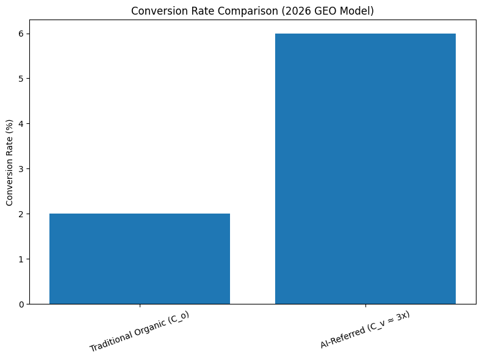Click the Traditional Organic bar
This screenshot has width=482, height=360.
(x=140, y=259)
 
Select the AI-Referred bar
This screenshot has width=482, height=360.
(x=365, y=168)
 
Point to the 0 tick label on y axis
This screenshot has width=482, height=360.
(x=21, y=304)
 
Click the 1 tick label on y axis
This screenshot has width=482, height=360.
(x=21, y=259)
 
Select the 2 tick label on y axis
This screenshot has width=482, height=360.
(x=21, y=214)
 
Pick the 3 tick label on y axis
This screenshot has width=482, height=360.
(x=21, y=168)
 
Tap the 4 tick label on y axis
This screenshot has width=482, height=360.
(x=21, y=123)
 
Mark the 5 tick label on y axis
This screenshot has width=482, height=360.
(x=21, y=78)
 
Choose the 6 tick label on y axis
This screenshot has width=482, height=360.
(x=21, y=34)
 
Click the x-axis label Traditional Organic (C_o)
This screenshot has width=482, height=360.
(x=139, y=331)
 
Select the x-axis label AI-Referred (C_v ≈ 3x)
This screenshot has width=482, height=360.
(x=365, y=330)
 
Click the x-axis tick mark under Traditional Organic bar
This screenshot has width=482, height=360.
(x=140, y=306)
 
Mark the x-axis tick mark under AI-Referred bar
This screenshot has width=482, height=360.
(x=365, y=306)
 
